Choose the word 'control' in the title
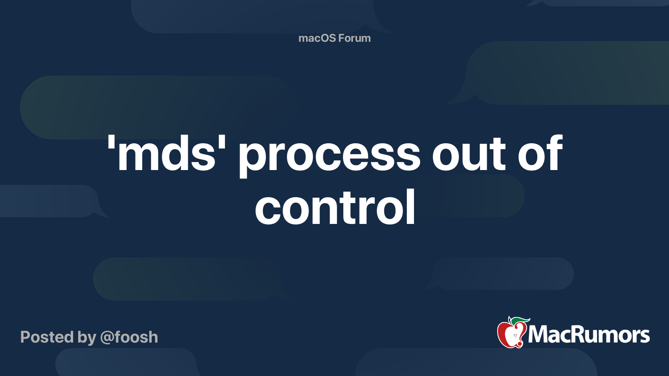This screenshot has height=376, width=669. [335, 206]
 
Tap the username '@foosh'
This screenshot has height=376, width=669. [129, 337]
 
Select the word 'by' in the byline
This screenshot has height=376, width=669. [87, 338]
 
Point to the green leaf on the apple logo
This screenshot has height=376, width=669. [520, 320]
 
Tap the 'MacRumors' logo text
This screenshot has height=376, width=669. [589, 335]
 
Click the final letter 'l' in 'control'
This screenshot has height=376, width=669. [411, 206]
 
